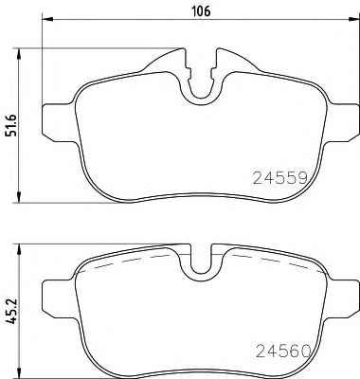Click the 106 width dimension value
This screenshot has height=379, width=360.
tap(201, 10)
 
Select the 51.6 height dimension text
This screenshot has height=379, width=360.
tap(10, 126)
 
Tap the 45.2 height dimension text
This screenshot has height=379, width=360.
tap(10, 312)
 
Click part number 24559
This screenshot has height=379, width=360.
tap(279, 178)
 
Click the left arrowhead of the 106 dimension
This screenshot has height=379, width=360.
tap(47, 20)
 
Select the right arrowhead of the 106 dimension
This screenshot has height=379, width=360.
tap(354, 20)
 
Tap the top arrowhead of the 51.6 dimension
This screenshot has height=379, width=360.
tap(20, 54)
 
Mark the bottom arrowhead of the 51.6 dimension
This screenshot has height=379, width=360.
tap(20, 197)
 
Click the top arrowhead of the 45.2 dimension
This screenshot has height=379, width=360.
tap(20, 249)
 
